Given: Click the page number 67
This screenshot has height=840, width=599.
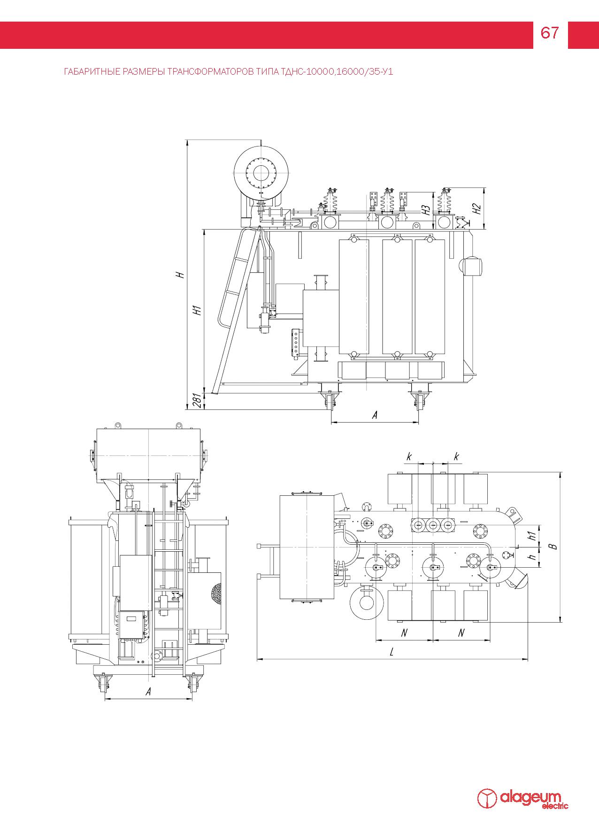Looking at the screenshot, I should [x=550, y=33].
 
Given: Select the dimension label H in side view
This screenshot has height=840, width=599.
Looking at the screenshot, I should [x=180, y=274].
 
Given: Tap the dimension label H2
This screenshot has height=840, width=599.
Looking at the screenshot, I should [x=477, y=208].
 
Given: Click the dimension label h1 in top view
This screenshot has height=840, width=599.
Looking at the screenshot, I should [x=531, y=535].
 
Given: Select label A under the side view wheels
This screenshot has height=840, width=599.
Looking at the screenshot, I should [x=375, y=415].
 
